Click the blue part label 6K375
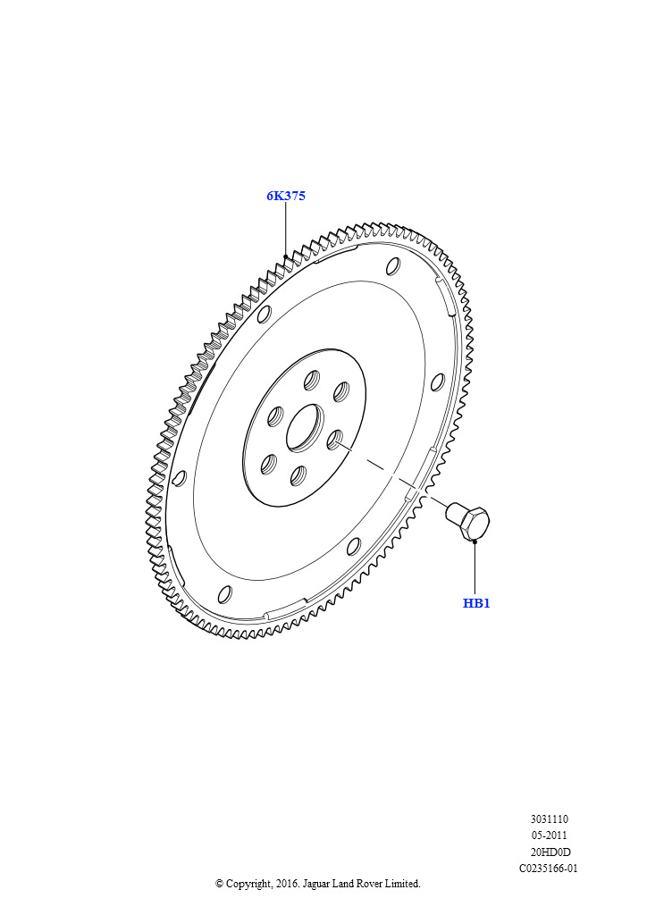[x=286, y=196]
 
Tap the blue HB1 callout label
[x=476, y=603]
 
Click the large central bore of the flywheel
[x=305, y=426]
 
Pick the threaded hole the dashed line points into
[x=337, y=440]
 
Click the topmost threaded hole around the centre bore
[x=313, y=379]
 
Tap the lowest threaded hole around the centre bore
[x=298, y=475]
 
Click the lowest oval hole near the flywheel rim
[x=224, y=594]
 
